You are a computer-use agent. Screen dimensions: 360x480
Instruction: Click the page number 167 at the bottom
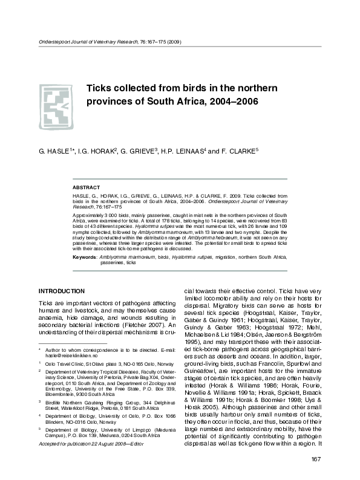click(x=316, y=461)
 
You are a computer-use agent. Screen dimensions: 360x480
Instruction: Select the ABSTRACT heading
click(x=86, y=187)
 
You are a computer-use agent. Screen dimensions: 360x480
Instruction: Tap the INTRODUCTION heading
click(x=61, y=291)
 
